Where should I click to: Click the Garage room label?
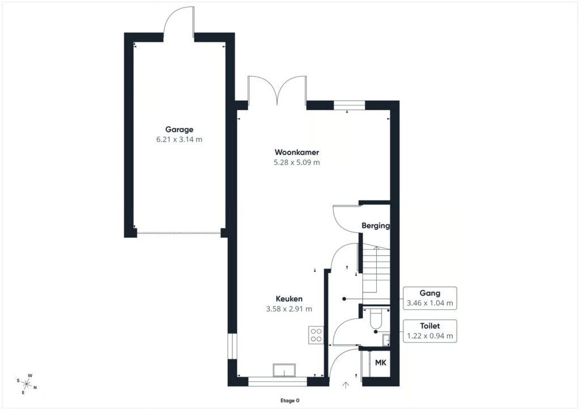179,129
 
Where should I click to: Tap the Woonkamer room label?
297,152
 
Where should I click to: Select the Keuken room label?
289,298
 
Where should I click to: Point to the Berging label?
376,225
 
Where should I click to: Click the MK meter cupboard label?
381,362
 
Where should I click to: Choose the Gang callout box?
430,298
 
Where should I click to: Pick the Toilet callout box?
430,331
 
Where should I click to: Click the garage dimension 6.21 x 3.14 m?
179,139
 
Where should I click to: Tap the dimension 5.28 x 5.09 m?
297,162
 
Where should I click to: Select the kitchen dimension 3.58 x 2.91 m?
289,309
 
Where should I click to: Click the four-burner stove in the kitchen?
316,335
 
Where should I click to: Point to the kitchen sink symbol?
284,370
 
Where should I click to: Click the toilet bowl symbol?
376,318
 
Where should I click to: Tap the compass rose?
27,384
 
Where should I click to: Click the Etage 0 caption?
289,400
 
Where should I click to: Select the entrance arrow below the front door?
346,385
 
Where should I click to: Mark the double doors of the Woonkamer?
277,92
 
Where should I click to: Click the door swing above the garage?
179,21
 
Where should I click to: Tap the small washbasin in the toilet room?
386,339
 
